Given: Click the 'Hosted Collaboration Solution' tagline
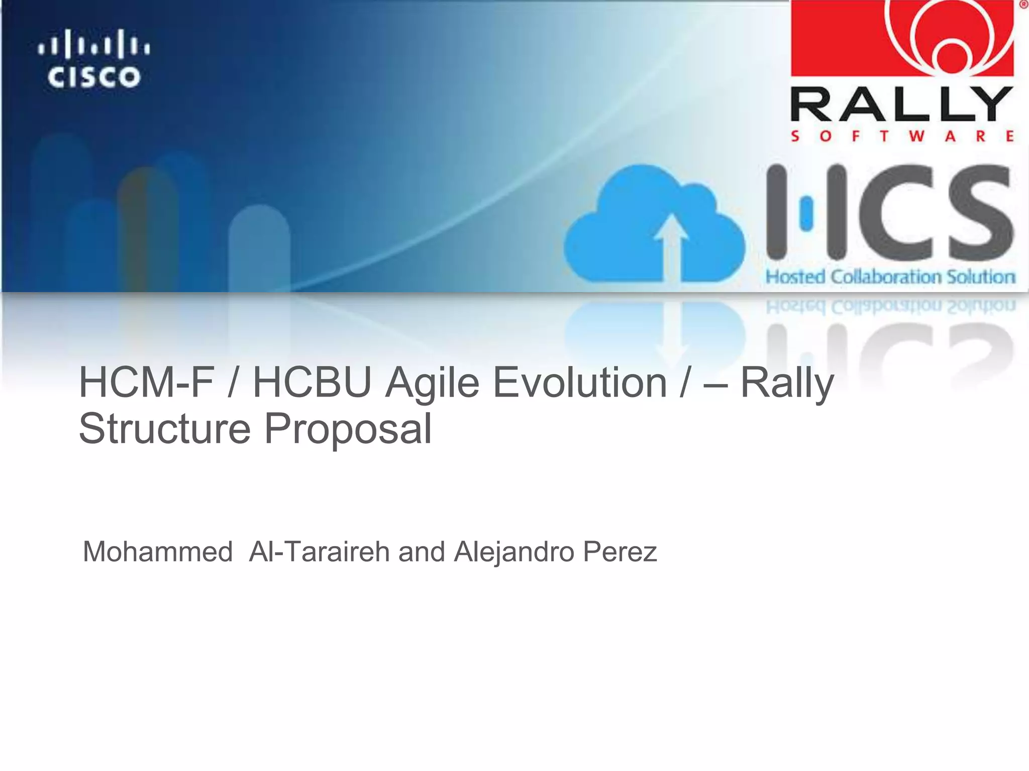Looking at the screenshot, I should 890,277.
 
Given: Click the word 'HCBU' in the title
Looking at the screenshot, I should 312,382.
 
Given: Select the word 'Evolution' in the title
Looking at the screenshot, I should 580,382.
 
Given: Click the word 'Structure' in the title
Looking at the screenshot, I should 165,429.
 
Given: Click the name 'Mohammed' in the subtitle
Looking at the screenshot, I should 158,552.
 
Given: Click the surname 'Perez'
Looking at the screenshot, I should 620,552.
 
